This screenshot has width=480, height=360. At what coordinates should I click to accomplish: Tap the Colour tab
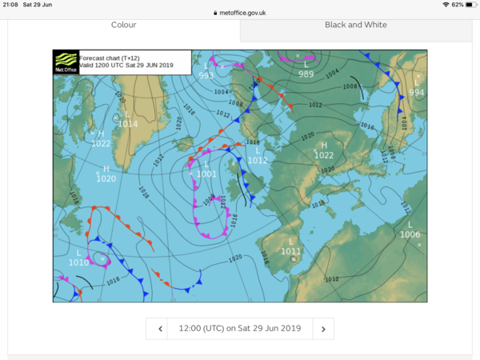point(123,25)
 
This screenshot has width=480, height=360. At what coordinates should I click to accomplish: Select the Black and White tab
point(355,25)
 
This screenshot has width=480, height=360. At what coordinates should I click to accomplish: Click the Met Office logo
point(66,62)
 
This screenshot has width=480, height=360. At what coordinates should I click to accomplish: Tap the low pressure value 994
point(416,93)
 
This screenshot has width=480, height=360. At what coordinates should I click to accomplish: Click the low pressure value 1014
point(128,123)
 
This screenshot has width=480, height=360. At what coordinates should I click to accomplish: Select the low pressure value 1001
point(207,174)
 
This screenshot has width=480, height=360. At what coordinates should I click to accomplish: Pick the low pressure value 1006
point(410,234)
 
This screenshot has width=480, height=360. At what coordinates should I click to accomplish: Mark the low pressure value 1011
point(291,251)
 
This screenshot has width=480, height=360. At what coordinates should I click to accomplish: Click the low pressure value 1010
point(78,262)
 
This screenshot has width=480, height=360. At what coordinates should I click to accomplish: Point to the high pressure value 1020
point(106,178)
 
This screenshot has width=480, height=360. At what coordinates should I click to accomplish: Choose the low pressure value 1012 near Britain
point(258,160)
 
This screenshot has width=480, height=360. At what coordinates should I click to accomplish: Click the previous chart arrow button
point(160,328)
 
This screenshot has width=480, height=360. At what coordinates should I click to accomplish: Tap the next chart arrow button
point(323,328)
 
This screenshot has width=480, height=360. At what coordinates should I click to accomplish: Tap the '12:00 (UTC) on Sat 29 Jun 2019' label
point(240,328)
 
